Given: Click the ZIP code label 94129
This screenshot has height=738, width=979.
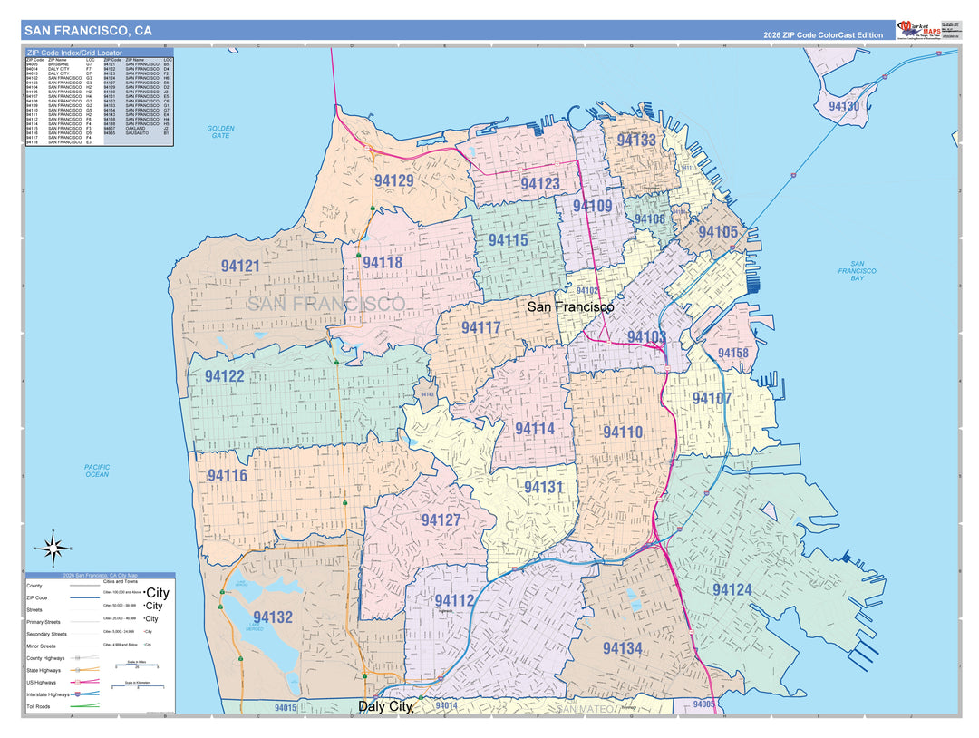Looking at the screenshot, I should pos(393,180).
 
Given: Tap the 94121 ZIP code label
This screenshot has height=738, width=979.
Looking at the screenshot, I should pos(240,267).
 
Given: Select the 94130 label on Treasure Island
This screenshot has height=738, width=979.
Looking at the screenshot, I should pos(844,106).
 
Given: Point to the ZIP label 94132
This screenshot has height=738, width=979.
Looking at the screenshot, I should pos(273,617).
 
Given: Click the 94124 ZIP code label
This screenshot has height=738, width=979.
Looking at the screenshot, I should pos(732,590).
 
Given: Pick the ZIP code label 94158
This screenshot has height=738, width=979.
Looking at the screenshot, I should pos(732,354).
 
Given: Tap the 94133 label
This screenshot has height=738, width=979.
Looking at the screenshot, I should pos(636,141).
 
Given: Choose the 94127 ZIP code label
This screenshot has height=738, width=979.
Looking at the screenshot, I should pos(441,520).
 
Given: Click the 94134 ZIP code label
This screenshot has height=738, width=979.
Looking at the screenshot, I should pos(622,648).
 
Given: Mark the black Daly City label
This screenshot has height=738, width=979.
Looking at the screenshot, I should pos(385,705).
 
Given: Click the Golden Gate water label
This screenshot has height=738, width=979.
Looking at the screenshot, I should pos(220,131).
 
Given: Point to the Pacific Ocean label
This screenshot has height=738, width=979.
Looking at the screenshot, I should pos(97,471).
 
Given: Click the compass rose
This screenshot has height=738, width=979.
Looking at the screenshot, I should pos(53,548).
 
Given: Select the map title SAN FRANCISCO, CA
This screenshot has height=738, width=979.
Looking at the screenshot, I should pos(89,31).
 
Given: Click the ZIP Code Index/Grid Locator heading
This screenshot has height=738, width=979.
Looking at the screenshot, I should pos(73,53).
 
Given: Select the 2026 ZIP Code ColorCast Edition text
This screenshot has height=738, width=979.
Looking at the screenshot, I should pos(822,34).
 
